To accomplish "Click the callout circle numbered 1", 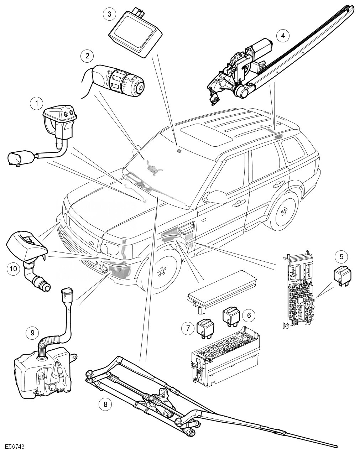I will click(x=36, y=104).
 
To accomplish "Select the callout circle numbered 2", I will click(x=87, y=56).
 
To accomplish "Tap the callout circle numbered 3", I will click(x=109, y=14).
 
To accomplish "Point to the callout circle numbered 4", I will click(x=283, y=36).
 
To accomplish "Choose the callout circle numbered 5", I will click(x=341, y=256).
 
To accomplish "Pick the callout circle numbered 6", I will click(x=249, y=315).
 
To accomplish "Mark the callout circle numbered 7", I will click(x=188, y=328).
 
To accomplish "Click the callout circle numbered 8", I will click(x=105, y=404).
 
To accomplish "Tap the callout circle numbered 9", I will click(x=32, y=333).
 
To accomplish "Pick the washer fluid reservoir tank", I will click(x=43, y=374).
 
